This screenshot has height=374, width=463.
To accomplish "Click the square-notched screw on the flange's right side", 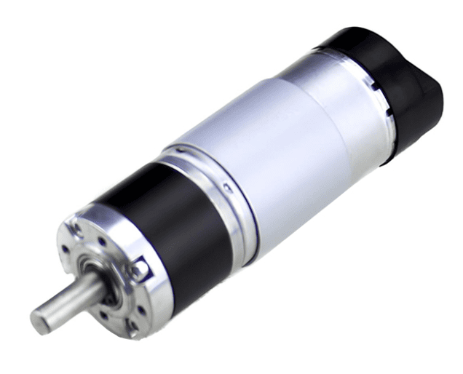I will point(138,271).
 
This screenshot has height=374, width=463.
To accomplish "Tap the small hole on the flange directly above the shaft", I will point(102,242).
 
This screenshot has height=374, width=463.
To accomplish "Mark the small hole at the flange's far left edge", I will point(66,249).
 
